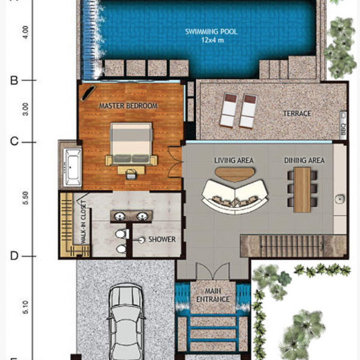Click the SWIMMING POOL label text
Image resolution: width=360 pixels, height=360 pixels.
click(211, 31)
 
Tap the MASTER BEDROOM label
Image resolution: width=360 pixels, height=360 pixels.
click(128, 106)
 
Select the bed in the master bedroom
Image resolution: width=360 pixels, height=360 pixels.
click(131, 144)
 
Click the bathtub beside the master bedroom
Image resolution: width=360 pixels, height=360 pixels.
click(73, 167)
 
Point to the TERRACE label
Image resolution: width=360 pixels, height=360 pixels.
click(297, 113)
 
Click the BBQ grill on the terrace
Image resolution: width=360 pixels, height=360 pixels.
click(343, 125)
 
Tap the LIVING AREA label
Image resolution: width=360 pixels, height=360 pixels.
click(234, 160)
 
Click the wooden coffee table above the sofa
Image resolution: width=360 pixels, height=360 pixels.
click(235, 174)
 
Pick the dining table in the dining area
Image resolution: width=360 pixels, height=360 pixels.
click(302, 190)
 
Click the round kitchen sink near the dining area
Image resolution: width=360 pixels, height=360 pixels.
click(340, 199)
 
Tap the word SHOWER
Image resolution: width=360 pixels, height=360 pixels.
click(162, 239)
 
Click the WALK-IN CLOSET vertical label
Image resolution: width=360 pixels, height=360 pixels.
click(83, 222)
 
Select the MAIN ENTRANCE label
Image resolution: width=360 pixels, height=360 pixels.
click(213, 295)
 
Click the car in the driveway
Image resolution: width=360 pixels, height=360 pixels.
click(126, 322)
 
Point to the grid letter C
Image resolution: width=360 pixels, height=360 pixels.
click(14, 142)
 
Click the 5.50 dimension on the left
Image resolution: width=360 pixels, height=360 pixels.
click(25, 197)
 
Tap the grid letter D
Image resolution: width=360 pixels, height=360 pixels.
click(14, 256)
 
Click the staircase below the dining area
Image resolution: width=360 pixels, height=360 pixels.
click(293, 246)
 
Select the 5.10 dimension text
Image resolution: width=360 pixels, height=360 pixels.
click(25, 307)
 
